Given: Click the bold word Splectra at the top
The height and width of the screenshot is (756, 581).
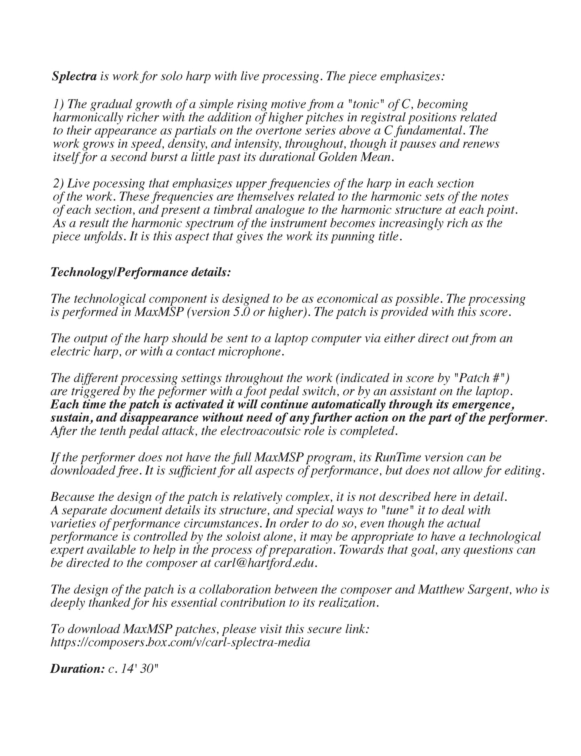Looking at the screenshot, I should (x=74, y=76).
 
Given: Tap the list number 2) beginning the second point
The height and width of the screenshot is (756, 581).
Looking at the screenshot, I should (x=59, y=184).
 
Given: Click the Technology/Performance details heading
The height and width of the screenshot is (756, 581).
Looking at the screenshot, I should (x=141, y=272).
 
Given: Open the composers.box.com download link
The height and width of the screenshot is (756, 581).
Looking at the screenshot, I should (x=180, y=642).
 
